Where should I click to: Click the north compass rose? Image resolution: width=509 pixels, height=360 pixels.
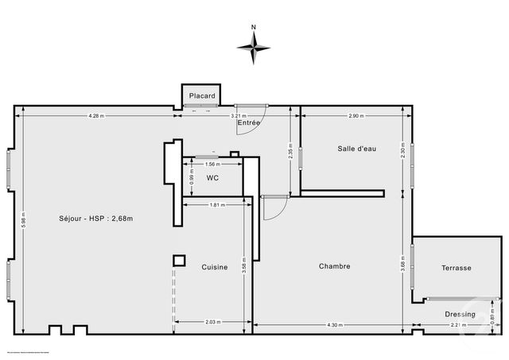[x=253, y=47]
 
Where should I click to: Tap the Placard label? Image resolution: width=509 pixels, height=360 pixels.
[x=201, y=96]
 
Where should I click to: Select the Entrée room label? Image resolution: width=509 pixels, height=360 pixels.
[x=249, y=123]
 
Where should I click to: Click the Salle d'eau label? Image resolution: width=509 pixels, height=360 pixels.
[x=356, y=149]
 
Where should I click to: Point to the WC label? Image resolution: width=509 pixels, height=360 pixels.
[x=212, y=177]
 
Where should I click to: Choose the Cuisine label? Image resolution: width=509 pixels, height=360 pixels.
[x=214, y=267]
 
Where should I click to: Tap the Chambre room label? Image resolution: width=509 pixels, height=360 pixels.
[x=335, y=266]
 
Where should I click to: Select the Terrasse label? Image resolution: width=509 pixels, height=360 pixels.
[x=457, y=268]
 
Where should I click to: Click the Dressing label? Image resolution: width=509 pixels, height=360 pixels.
[x=460, y=314]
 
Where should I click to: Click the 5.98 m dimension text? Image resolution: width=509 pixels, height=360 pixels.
[x=25, y=219]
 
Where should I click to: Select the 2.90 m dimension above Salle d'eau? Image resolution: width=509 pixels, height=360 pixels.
[x=356, y=116]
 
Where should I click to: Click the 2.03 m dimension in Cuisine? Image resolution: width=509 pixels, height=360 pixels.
[x=213, y=323]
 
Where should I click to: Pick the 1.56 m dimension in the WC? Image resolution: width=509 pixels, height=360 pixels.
[x=212, y=165]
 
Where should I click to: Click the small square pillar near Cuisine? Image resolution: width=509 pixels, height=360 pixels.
[x=180, y=260]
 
